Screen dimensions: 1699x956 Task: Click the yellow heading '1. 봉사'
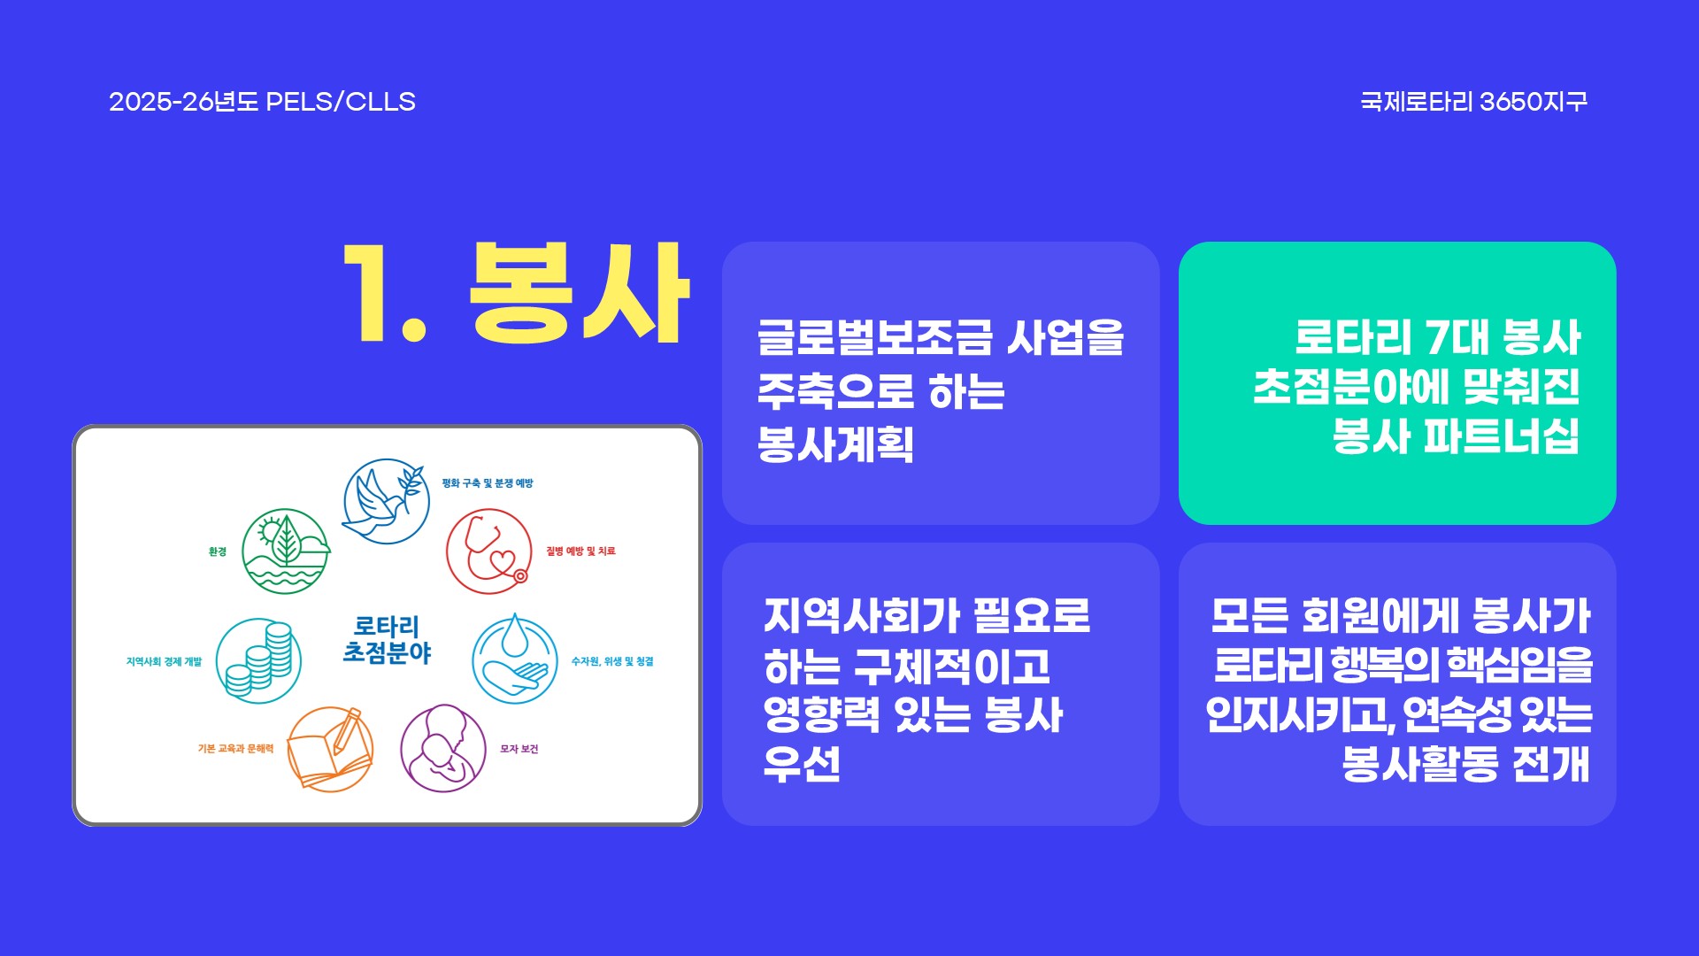516,292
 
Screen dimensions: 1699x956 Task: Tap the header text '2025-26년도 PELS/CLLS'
262,102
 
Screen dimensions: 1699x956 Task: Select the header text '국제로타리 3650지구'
1473,102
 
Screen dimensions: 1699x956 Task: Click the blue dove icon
386,501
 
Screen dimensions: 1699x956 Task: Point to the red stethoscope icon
488,551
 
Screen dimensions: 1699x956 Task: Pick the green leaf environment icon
285,551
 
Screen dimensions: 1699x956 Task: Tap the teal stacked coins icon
258,660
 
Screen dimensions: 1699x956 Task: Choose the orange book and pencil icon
330,749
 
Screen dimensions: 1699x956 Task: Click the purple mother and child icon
443,749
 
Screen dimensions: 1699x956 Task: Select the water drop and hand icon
514,660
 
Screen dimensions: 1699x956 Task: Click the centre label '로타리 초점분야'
387,640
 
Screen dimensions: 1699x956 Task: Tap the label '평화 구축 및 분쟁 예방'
488,483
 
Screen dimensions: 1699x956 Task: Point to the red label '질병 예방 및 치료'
580,551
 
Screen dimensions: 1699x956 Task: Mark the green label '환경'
218,551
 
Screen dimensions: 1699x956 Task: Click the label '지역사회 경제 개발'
164,661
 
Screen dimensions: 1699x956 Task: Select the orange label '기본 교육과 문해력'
235,749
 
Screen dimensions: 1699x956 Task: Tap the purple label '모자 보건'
519,749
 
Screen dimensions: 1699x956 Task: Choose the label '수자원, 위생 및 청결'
612,661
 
